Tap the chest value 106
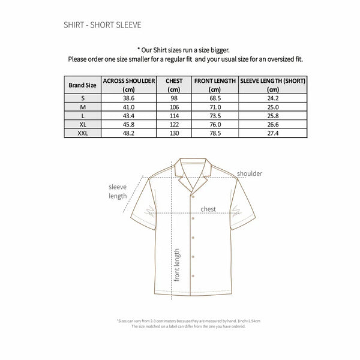pyautogui.click(x=174, y=107)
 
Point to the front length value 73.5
pyautogui.click(x=215, y=115)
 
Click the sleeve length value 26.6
pyautogui.click(x=273, y=124)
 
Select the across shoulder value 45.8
pyautogui.click(x=129, y=124)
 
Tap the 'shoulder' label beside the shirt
pyautogui.click(x=250, y=173)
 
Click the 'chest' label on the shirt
pyautogui.click(x=208, y=209)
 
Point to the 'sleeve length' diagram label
pyautogui.click(x=118, y=191)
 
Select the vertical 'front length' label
pyautogui.click(x=177, y=264)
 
